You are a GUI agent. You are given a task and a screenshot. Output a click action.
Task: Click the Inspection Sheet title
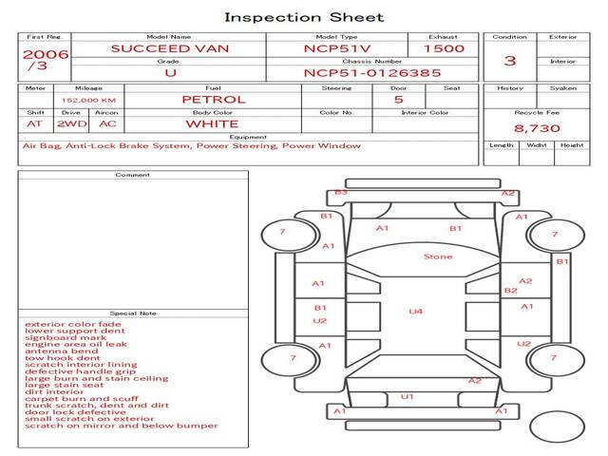(304, 17)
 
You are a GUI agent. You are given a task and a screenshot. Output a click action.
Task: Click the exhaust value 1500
(444, 48)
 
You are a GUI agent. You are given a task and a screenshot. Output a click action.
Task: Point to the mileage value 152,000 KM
(88, 99)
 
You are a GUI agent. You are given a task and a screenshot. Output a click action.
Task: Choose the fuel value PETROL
(213, 99)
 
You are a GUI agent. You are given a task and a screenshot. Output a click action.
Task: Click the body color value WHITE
(211, 123)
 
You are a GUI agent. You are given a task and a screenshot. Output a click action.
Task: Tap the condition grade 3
(510, 61)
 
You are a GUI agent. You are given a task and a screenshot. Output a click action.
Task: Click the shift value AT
(34, 123)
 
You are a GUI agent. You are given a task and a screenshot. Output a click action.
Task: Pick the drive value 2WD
(68, 123)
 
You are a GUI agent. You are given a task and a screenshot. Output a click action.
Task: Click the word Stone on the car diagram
(438, 256)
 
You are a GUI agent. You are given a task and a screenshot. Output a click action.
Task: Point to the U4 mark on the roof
(415, 311)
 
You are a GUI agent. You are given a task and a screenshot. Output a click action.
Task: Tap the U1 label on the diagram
(408, 396)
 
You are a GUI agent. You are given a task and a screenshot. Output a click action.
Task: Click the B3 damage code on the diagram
(341, 193)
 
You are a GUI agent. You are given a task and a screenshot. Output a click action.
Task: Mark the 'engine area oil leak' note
(75, 344)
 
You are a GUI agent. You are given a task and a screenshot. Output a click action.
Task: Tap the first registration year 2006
(46, 54)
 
